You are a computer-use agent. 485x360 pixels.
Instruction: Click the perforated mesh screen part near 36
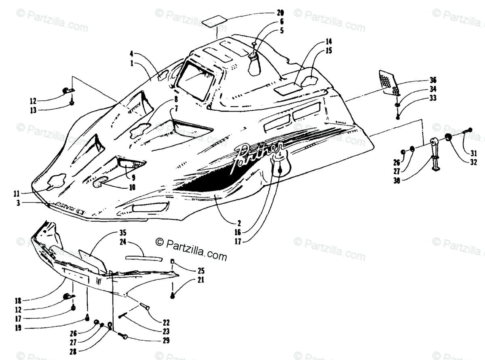pyautogui.click(x=389, y=83)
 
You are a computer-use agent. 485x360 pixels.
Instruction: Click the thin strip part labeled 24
pyautogui.click(x=143, y=258)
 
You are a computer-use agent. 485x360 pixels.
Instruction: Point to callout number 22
pyautogui.click(x=166, y=323)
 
